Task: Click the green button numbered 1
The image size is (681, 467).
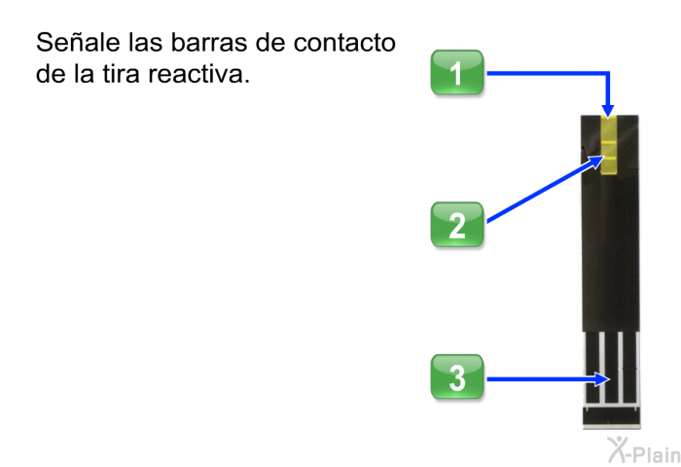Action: pyautogui.click(x=456, y=72)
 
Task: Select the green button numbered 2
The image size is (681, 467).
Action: pyautogui.click(x=456, y=224)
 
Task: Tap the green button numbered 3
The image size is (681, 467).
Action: pyautogui.click(x=456, y=377)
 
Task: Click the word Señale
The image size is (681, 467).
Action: pyautogui.click(x=78, y=42)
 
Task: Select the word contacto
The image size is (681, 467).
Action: pyautogui.click(x=344, y=43)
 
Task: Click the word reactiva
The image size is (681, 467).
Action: pyautogui.click(x=198, y=75)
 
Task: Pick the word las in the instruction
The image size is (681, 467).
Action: pyautogui.click(x=145, y=42)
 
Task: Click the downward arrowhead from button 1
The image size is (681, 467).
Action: pyautogui.click(x=608, y=111)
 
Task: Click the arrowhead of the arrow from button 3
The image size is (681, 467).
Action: pyautogui.click(x=602, y=379)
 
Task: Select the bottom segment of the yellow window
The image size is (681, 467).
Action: pyautogui.click(x=608, y=165)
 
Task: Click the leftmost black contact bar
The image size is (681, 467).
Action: pyautogui.click(x=591, y=368)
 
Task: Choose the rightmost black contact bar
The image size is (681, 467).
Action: pyautogui.click(x=629, y=368)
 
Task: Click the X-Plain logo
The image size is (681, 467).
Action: pyautogui.click(x=644, y=449)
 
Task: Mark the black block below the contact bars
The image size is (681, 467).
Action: pyautogui.click(x=611, y=418)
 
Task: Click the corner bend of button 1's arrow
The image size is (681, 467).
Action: pyautogui.click(x=608, y=73)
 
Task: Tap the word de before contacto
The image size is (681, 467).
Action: pyautogui.click(x=270, y=42)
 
